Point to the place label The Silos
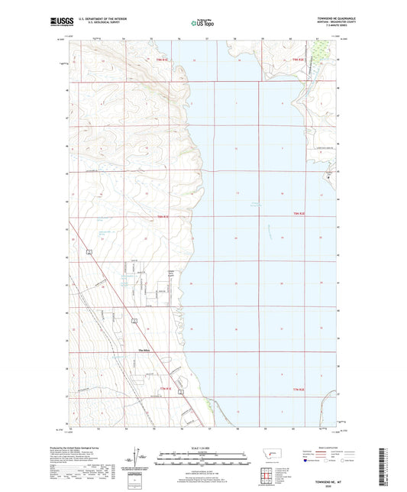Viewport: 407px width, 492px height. pos(145,351)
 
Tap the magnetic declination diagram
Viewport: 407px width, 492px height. pos(143,459)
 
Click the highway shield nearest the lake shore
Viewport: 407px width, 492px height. pos(181,390)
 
